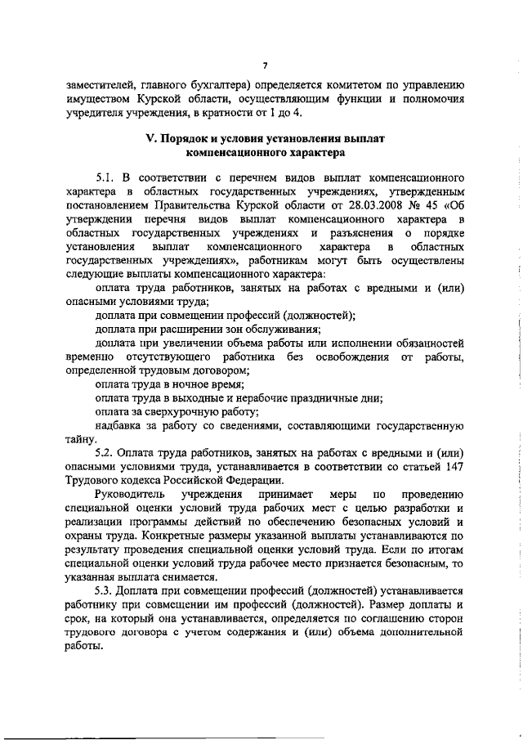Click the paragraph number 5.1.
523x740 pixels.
[105, 199]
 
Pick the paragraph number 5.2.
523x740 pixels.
[105, 452]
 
